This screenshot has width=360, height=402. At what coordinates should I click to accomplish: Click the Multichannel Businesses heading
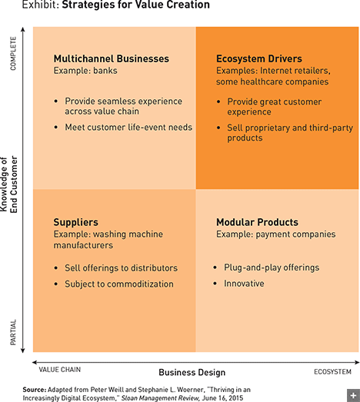[111, 58]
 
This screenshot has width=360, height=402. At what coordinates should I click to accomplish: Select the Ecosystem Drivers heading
[259, 58]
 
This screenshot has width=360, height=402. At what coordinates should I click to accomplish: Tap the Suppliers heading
[75, 222]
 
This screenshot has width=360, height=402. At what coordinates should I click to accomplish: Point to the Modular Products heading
[257, 222]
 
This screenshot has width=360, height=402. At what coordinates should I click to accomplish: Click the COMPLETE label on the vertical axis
[13, 53]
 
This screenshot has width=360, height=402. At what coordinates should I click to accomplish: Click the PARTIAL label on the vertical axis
[13, 332]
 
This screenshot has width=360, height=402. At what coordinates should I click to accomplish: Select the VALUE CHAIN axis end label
[60, 370]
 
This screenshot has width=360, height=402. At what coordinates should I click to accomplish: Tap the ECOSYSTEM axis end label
[332, 372]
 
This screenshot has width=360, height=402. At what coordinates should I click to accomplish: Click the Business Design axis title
[192, 372]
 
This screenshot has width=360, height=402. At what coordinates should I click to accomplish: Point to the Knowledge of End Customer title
[9, 184]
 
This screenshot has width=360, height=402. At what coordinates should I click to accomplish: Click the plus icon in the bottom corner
[353, 395]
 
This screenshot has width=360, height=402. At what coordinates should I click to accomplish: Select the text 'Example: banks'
[85, 71]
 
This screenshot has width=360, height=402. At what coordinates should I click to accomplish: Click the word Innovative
[244, 284]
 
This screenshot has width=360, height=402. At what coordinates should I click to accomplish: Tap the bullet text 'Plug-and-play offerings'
[272, 267]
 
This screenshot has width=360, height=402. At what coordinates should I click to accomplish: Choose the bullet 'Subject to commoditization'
[119, 284]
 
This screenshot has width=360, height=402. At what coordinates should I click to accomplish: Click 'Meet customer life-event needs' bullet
[128, 127]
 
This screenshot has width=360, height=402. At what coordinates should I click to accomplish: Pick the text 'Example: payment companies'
[276, 234]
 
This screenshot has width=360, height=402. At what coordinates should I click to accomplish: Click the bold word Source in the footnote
[35, 390]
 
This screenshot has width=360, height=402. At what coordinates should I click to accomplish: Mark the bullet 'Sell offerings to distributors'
[121, 268]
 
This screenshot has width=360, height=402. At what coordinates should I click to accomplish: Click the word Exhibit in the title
[41, 5]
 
